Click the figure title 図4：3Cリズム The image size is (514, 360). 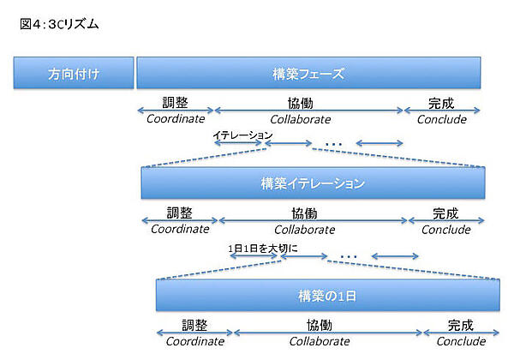[x=59, y=24]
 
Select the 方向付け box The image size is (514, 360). [x=74, y=73]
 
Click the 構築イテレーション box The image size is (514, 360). [x=313, y=183]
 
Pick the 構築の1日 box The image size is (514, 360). [x=327, y=295]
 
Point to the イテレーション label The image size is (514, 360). [x=242, y=135]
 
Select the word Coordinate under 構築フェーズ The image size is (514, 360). [x=176, y=119]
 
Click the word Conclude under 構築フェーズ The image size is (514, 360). [x=441, y=119]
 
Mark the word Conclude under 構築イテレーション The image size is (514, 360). [x=445, y=230]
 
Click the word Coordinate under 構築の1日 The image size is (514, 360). [x=194, y=341]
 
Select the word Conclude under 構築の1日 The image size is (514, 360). [x=461, y=341]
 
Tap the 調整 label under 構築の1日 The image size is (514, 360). [x=194, y=326]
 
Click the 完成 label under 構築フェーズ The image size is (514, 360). [x=441, y=104]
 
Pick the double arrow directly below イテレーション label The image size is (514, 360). [x=239, y=143]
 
